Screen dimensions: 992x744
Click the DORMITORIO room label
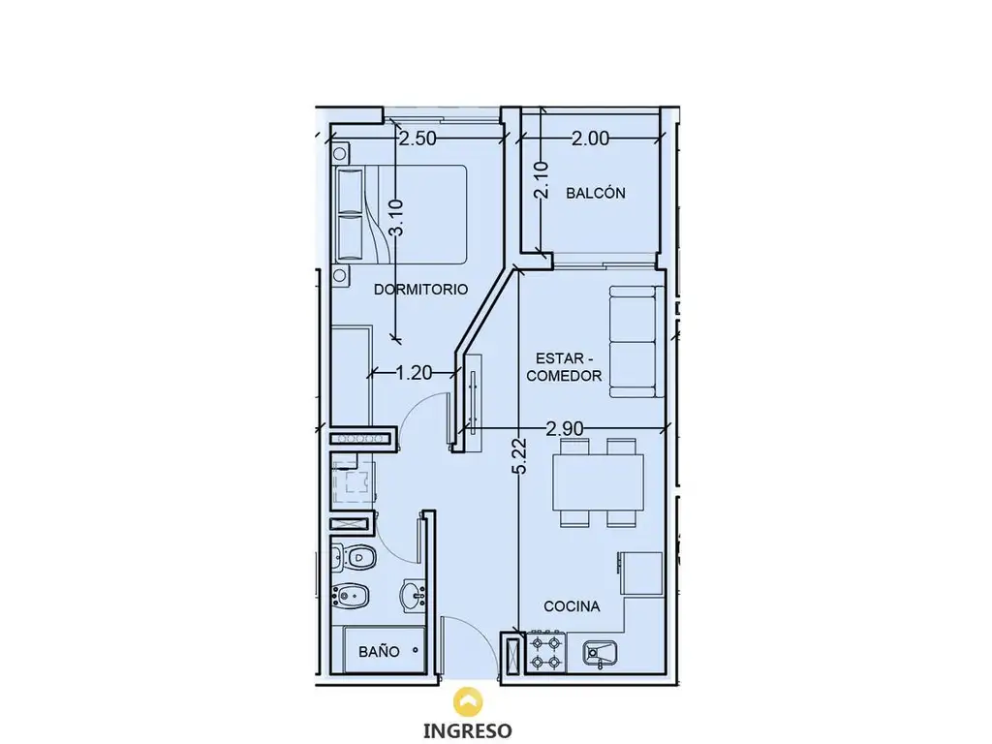(x=420, y=289)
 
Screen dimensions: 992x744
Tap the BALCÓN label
(x=596, y=193)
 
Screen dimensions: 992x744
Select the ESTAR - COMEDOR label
(x=564, y=366)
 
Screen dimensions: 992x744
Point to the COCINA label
(x=572, y=606)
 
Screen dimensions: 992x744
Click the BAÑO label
(x=379, y=652)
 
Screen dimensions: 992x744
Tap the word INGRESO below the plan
(x=468, y=730)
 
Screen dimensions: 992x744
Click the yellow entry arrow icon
(x=468, y=701)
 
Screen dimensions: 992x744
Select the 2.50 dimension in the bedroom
(x=417, y=138)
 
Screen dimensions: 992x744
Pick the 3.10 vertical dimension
(x=395, y=217)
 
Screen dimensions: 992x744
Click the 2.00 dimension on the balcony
(x=590, y=138)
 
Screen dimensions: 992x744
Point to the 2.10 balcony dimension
(x=542, y=180)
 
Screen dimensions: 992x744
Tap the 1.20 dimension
(x=413, y=373)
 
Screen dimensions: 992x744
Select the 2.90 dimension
(x=565, y=429)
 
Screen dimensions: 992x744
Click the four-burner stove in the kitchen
(x=545, y=652)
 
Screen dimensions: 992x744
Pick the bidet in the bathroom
(x=351, y=594)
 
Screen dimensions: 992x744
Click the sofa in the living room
(x=636, y=342)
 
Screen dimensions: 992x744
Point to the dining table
(x=599, y=482)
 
